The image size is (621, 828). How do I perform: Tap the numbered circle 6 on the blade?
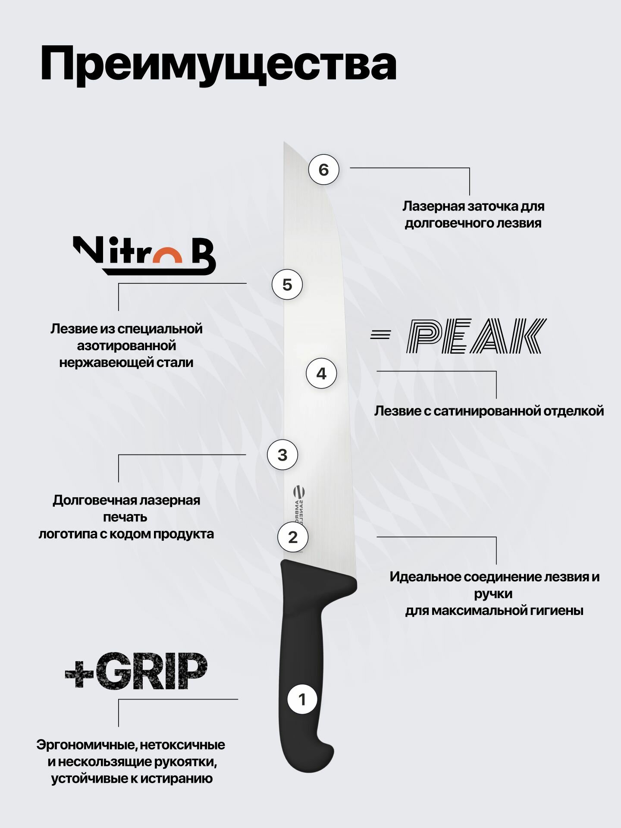[x=324, y=169]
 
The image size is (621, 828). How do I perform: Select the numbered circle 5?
[x=287, y=285]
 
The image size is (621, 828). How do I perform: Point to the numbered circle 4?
[x=321, y=373]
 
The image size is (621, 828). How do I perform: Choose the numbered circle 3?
[x=282, y=455]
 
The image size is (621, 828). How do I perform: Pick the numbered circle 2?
[x=293, y=537]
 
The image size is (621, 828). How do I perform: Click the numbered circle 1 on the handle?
[x=302, y=699]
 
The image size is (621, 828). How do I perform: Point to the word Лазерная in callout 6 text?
[x=433, y=206]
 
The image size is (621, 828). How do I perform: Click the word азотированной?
[x=126, y=346]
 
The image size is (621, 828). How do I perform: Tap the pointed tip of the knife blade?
[x=285, y=143]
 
